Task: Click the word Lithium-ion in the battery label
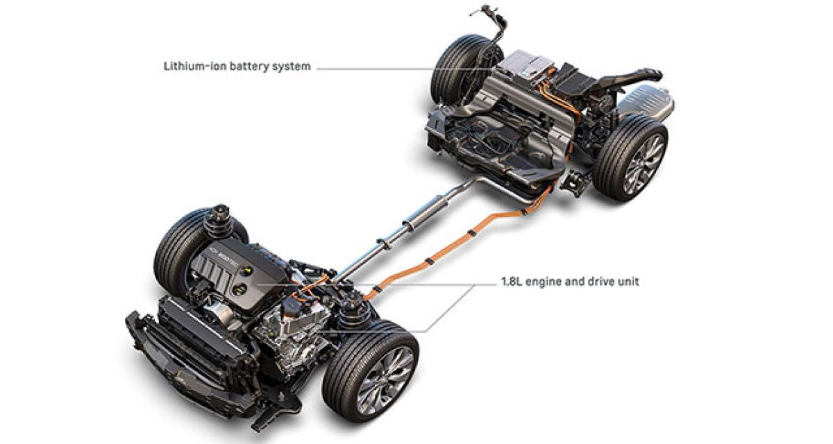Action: (x=195, y=67)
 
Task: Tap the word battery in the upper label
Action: (x=249, y=67)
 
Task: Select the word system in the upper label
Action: (x=291, y=67)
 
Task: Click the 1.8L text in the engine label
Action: (x=512, y=282)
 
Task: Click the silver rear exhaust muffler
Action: (x=646, y=100)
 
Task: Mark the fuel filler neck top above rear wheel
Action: (x=485, y=10)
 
